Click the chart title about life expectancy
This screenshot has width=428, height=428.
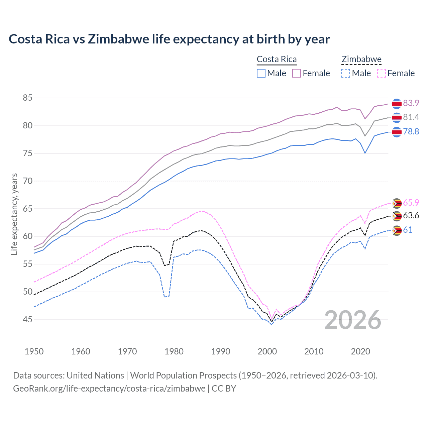pyautogui.click(x=169, y=39)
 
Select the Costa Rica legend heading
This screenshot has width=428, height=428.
pyautogui.click(x=277, y=59)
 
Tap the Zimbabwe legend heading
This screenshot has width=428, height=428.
pyautogui.click(x=361, y=59)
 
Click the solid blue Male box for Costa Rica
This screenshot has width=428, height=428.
pyautogui.click(x=261, y=73)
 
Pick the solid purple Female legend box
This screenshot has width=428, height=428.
pyautogui.click(x=297, y=73)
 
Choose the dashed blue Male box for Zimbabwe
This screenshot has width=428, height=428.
pyautogui.click(x=346, y=73)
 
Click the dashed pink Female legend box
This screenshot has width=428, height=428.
pyautogui.click(x=381, y=73)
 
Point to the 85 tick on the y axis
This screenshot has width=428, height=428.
pyautogui.click(x=27, y=98)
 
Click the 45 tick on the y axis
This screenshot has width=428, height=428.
pyautogui.click(x=27, y=319)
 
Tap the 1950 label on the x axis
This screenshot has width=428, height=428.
pyautogui.click(x=34, y=351)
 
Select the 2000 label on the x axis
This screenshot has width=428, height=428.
pyautogui.click(x=267, y=351)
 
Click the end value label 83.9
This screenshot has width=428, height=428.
pyautogui.click(x=411, y=103)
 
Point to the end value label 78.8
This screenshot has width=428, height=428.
pyautogui.click(x=411, y=131)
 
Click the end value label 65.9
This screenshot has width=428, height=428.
pyautogui.click(x=411, y=203)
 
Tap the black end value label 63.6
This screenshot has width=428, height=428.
pyautogui.click(x=411, y=215)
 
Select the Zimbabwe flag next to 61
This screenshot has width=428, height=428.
pyautogui.click(x=397, y=230)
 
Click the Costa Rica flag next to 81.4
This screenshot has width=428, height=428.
pyautogui.click(x=397, y=117)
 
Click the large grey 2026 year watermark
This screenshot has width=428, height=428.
pyautogui.click(x=352, y=320)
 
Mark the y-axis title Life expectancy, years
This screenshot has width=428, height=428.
pyautogui.click(x=14, y=214)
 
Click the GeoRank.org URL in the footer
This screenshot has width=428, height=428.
pyautogui.click(x=109, y=389)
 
